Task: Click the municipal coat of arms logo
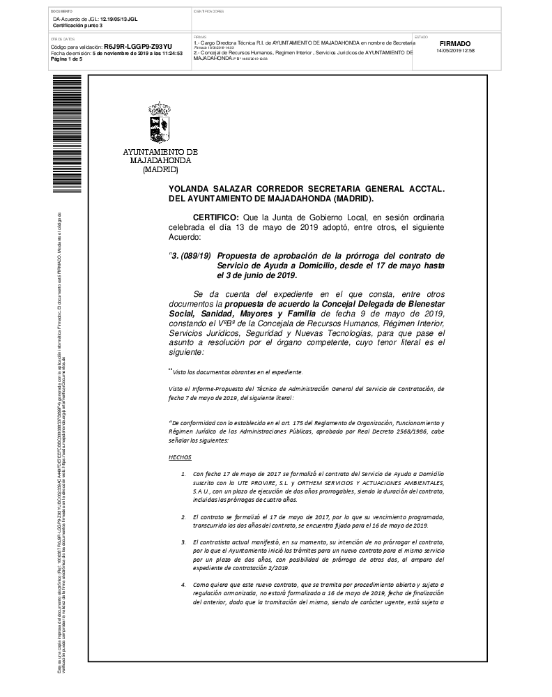(160, 122)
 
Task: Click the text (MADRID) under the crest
(160, 169)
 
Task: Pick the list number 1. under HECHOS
(183, 474)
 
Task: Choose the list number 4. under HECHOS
(183, 584)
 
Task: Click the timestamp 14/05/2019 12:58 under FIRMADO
(455, 50)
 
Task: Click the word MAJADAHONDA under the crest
(160, 161)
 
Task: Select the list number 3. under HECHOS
(183, 542)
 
